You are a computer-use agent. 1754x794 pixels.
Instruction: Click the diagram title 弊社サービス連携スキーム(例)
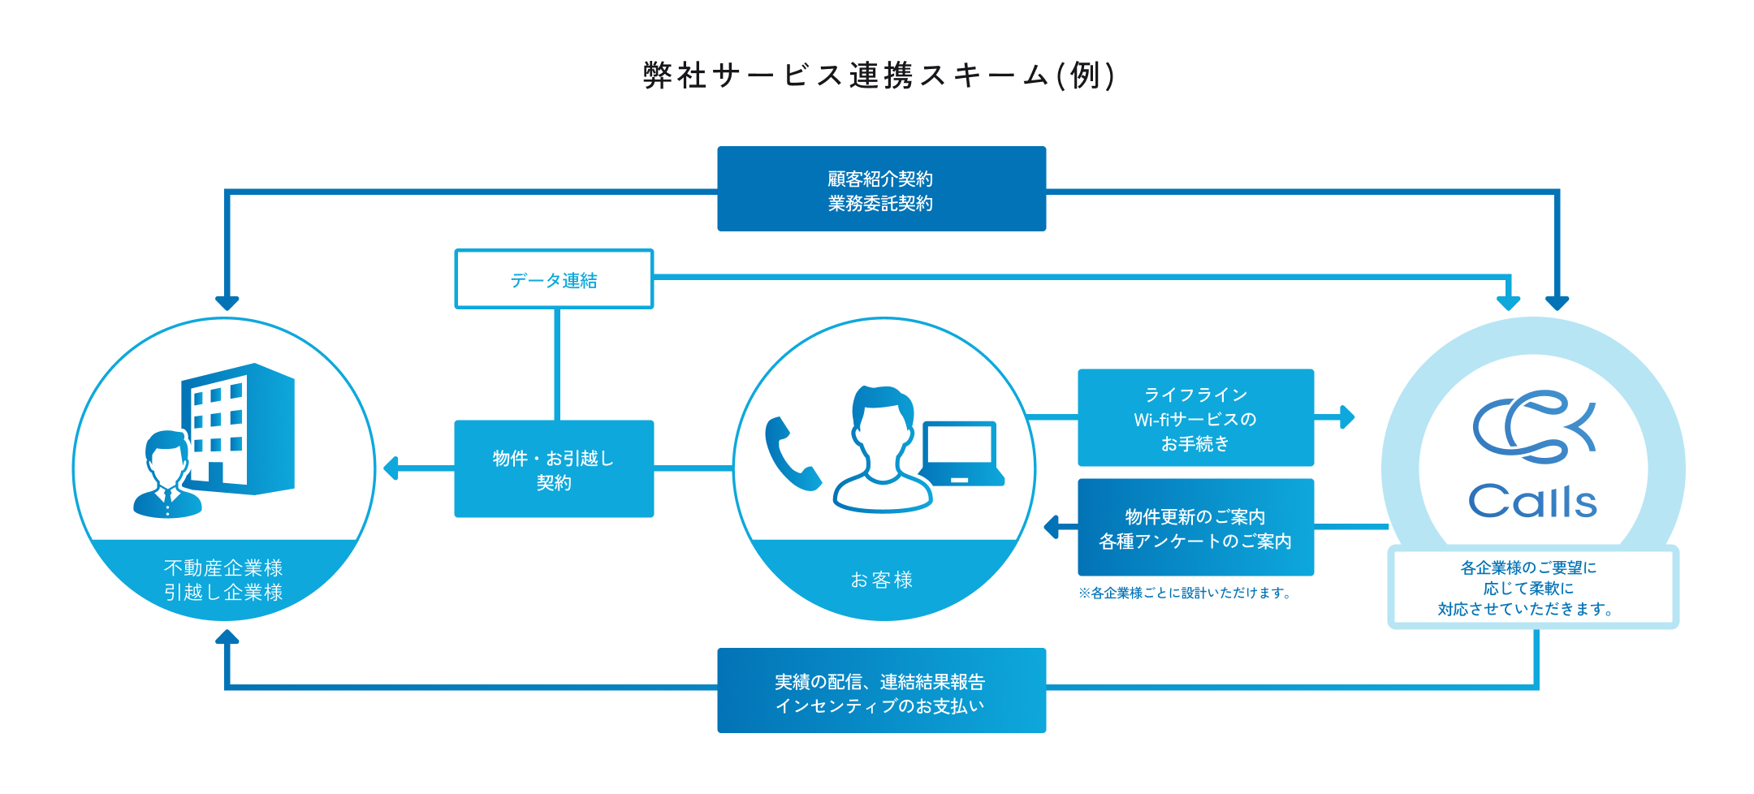click(879, 76)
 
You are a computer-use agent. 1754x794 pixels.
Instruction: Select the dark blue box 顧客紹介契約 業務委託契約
click(881, 189)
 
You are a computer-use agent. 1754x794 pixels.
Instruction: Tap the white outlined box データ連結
click(554, 279)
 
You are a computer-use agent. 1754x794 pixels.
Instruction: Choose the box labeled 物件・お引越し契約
click(554, 469)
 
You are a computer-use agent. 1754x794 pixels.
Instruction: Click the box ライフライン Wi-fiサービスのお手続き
click(1195, 418)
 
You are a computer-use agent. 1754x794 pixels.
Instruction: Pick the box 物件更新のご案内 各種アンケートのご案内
click(1195, 528)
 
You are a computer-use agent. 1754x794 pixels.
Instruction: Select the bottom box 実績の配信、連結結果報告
click(881, 691)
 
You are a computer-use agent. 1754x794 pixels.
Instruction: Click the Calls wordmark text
click(1532, 502)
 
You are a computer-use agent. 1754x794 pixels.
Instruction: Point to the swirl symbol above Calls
click(1533, 426)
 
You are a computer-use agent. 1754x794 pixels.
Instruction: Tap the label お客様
click(882, 580)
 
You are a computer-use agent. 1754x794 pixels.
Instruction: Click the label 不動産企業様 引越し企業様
click(223, 580)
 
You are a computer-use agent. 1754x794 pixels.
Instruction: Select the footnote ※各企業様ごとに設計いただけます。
click(1185, 593)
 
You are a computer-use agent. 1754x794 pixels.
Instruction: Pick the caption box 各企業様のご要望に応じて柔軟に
click(1532, 588)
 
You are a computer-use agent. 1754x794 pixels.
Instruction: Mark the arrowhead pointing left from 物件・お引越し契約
click(391, 468)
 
